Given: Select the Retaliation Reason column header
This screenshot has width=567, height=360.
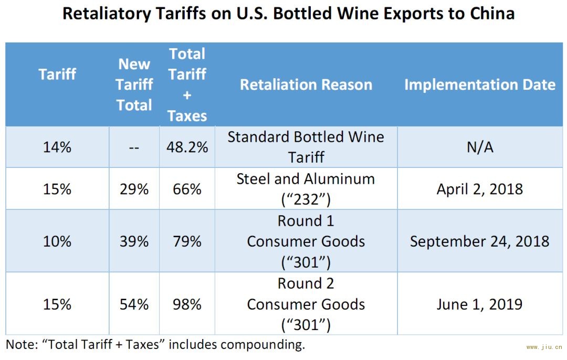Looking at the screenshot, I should pyautogui.click(x=306, y=84).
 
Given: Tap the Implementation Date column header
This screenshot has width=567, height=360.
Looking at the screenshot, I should pyautogui.click(x=480, y=84).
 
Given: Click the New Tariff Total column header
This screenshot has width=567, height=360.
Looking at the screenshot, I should pyautogui.click(x=134, y=84).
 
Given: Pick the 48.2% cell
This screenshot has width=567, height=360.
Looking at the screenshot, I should pyautogui.click(x=187, y=147).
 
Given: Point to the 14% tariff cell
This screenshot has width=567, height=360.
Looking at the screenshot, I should pyautogui.click(x=57, y=147).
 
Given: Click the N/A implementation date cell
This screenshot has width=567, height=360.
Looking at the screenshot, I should pyautogui.click(x=480, y=147).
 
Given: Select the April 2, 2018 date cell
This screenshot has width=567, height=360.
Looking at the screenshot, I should pyautogui.click(x=480, y=189).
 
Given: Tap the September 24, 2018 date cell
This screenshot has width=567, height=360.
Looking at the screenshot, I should pyautogui.click(x=480, y=241).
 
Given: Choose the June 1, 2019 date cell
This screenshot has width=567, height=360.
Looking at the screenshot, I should pyautogui.click(x=480, y=304).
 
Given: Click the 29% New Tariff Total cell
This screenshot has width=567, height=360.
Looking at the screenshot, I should pyautogui.click(x=134, y=189).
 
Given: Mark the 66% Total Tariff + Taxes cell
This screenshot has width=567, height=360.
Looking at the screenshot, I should pyautogui.click(x=187, y=189).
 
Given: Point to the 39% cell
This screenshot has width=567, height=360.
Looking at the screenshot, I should pyautogui.click(x=134, y=241).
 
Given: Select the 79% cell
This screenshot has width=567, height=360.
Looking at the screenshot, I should pyautogui.click(x=187, y=241).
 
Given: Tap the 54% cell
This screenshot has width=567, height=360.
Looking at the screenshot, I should pyautogui.click(x=134, y=304).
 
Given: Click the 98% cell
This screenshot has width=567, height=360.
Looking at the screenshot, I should pyautogui.click(x=187, y=304).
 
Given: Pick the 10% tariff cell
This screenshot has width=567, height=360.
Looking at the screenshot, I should pyautogui.click(x=57, y=241).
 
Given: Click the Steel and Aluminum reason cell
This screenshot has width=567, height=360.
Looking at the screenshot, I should pyautogui.click(x=306, y=188).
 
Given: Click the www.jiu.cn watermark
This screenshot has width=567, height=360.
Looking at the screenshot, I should pyautogui.click(x=544, y=347).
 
